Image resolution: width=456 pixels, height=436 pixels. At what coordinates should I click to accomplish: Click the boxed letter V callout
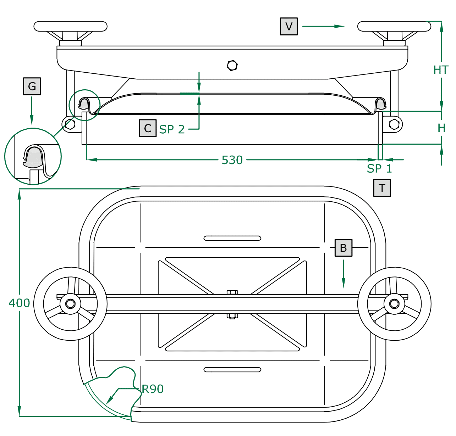click(289, 27)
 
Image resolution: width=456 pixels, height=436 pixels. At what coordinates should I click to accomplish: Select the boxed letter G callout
click(32, 86)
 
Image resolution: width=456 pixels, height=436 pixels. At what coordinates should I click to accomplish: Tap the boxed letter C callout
click(148, 128)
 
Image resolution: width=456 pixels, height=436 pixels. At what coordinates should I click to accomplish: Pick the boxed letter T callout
click(382, 188)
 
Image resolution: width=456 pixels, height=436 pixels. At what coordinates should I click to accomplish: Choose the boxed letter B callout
click(343, 248)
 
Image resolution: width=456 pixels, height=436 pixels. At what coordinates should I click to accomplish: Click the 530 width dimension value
click(232, 160)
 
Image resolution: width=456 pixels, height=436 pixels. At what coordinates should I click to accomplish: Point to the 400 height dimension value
click(19, 303)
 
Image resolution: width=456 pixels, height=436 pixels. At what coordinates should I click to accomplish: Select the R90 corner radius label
click(153, 389)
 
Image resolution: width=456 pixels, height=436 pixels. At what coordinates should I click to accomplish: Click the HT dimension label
click(441, 70)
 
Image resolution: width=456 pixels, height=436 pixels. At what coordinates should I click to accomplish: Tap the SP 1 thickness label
click(379, 168)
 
